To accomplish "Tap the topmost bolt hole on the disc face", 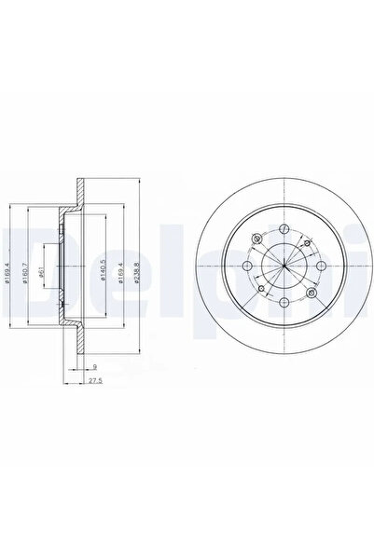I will [x=283, y=227].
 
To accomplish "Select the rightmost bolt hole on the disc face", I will [x=322, y=266].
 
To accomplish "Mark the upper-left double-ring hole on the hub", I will [x=255, y=239].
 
